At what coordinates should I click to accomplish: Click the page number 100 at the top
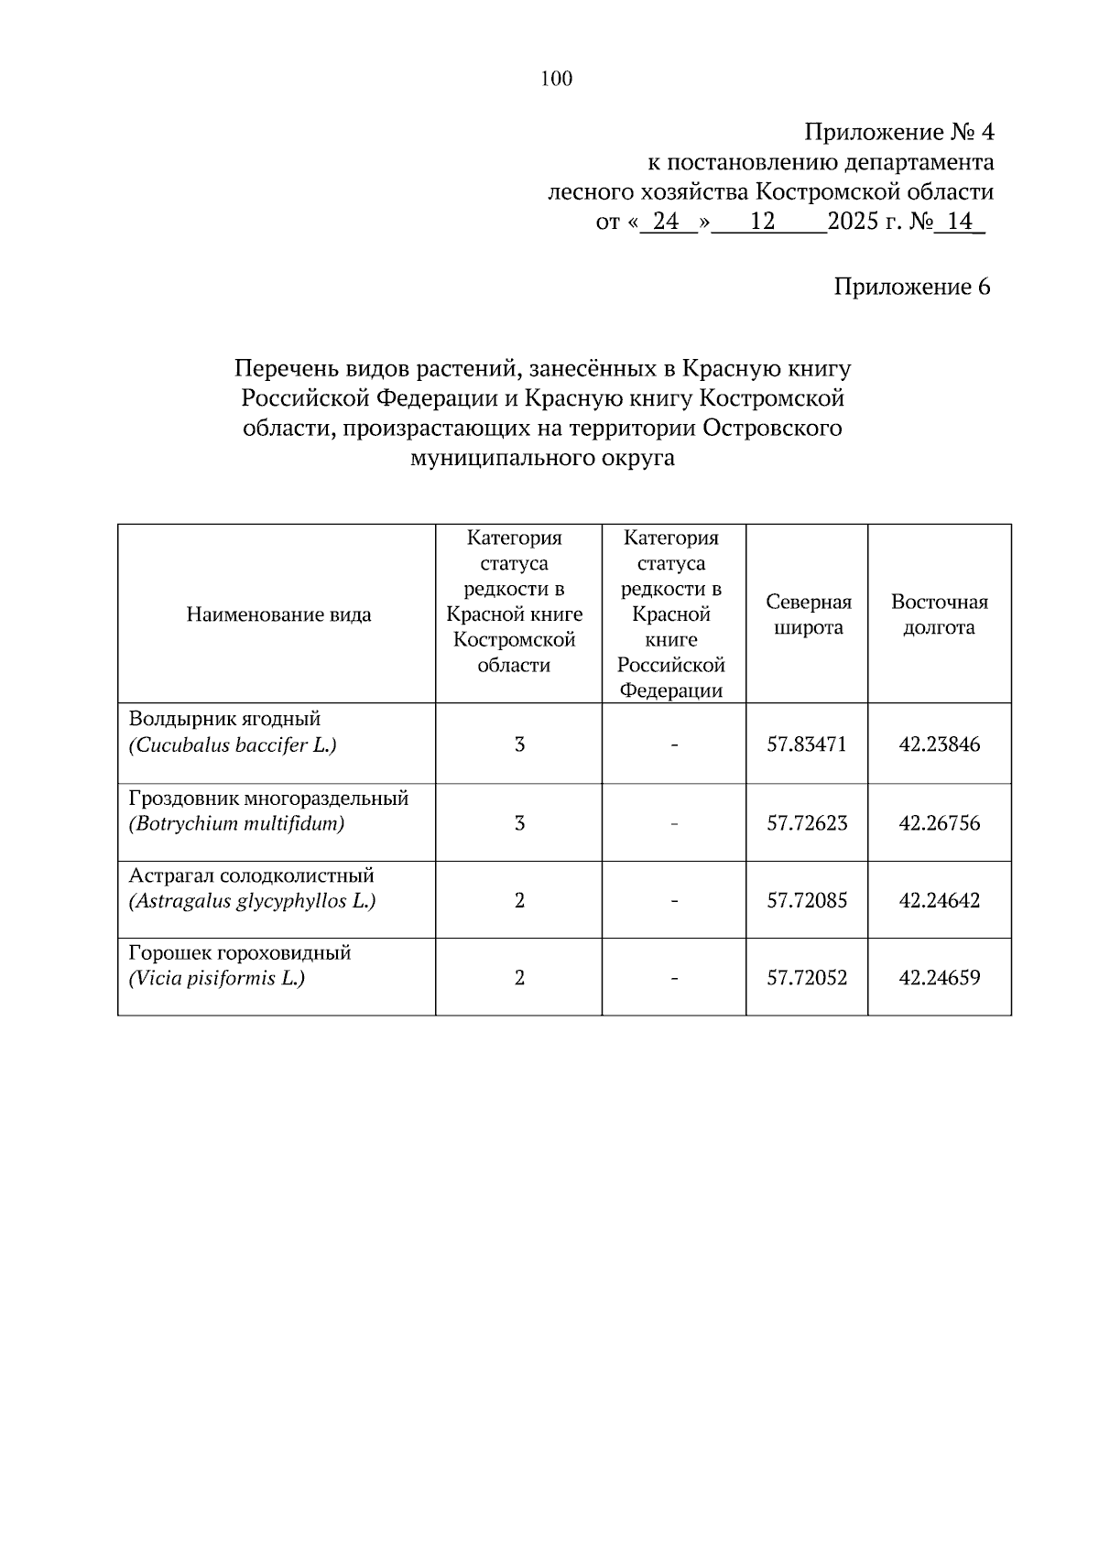coord(557,79)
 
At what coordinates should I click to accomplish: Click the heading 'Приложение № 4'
coord(898,133)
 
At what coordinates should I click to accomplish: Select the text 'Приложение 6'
coord(911,287)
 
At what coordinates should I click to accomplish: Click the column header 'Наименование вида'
coord(278,614)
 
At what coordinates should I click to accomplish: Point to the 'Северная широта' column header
coord(808,614)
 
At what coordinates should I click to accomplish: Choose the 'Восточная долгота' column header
coord(939,614)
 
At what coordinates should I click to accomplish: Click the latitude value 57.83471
coord(807,744)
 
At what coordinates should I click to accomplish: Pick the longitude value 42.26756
coord(939,823)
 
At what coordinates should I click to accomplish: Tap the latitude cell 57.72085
coord(807,901)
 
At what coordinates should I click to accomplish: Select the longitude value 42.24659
coord(939,978)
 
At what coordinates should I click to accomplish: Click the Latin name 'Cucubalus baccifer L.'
coord(233,745)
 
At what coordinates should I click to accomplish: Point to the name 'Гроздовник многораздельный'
coord(268,798)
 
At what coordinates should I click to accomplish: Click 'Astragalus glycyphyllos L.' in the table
coord(252,901)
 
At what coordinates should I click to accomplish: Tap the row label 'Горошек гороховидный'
coord(240,952)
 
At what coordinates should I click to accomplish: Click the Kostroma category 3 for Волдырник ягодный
coord(519,744)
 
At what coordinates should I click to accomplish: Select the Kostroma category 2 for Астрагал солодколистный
coord(519,901)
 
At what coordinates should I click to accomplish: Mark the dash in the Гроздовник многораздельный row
coord(674,823)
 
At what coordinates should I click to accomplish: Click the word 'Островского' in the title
coord(772,429)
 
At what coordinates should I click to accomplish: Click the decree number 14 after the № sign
coord(959,222)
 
